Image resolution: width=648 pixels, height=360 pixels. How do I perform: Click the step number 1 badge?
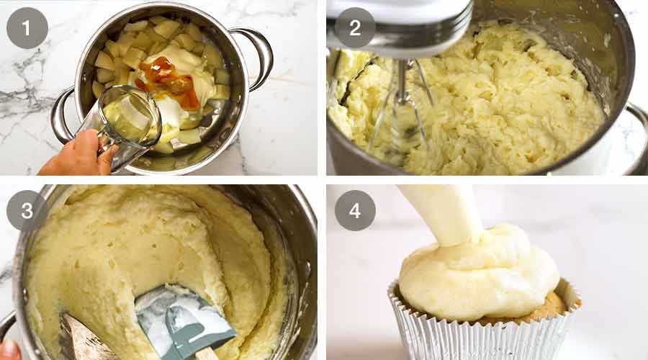(x=27, y=28)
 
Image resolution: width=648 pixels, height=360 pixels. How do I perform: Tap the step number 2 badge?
(x=355, y=28)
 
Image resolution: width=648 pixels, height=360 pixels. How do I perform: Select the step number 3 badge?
(x=27, y=210)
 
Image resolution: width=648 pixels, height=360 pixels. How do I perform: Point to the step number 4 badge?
(x=355, y=210)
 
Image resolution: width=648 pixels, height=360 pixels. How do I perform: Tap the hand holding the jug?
(x=78, y=154)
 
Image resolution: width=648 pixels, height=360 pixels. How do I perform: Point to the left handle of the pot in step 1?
(x=61, y=116)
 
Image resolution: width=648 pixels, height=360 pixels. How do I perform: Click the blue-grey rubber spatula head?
(x=184, y=318)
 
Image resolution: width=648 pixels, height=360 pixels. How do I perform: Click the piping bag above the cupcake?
(x=442, y=213)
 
